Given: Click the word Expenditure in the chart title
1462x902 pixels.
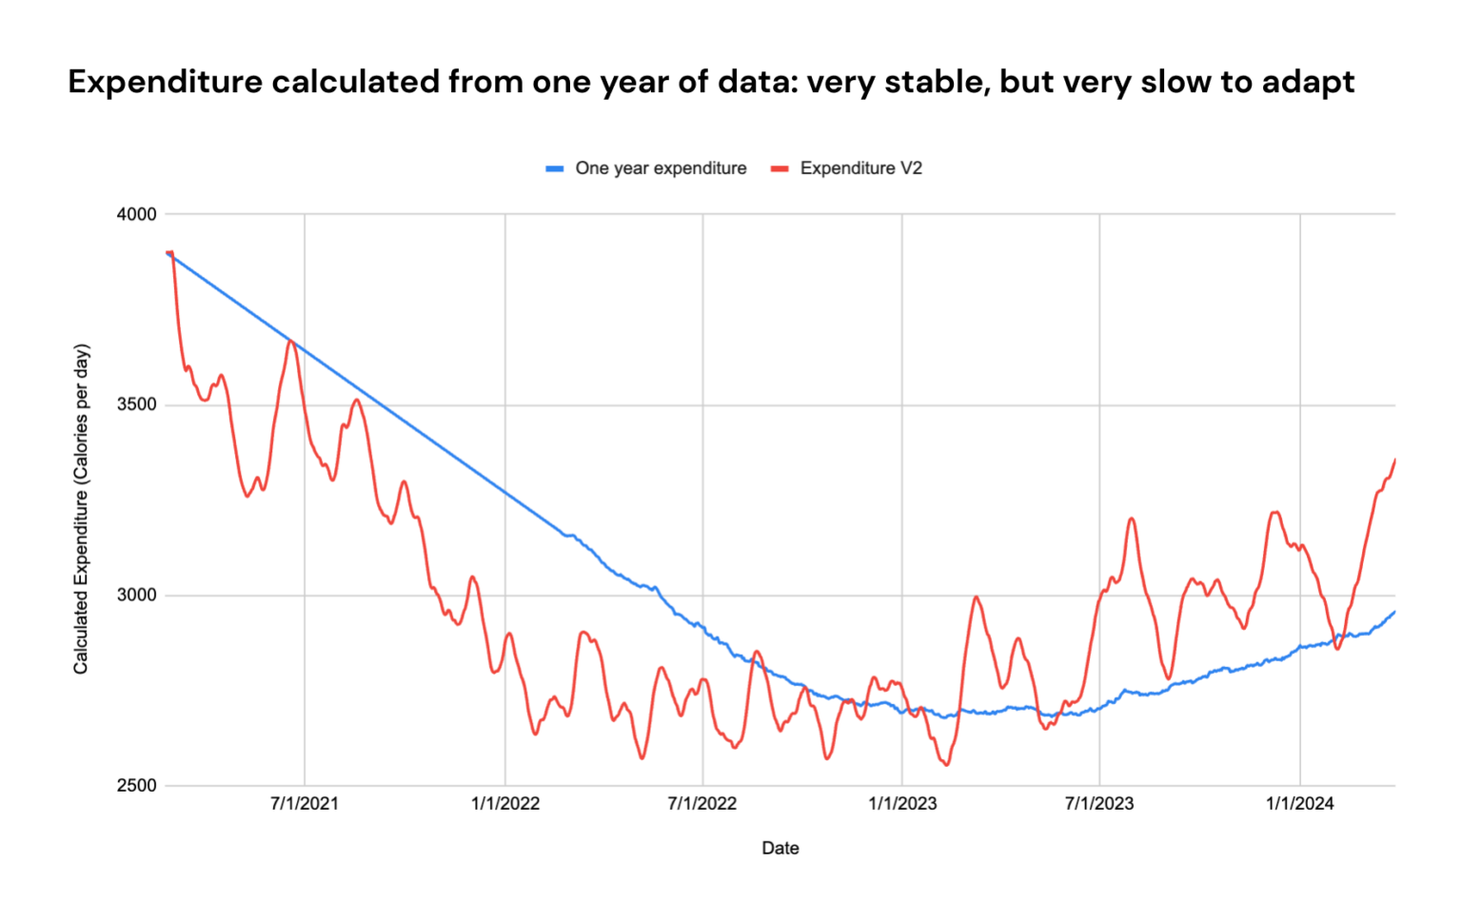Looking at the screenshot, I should (x=165, y=83).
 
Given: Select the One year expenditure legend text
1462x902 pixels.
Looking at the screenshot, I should (x=661, y=168).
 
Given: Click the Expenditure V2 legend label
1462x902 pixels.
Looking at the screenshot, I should (x=860, y=168).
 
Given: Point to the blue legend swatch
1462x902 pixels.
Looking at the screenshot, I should (x=555, y=169).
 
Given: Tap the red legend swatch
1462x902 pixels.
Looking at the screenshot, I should (x=780, y=169).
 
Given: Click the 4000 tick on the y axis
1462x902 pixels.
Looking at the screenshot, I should (x=136, y=214).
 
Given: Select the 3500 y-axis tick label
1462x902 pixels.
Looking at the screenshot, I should (x=136, y=404).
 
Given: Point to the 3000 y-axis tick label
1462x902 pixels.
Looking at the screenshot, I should (x=136, y=595).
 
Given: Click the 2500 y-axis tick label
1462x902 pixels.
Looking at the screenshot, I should (x=136, y=786).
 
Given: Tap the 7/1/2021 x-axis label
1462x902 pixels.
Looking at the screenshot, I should (x=305, y=804).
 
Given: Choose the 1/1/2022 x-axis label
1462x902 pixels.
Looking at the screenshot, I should (x=505, y=804).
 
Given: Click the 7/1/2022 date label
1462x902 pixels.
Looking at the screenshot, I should (x=702, y=804).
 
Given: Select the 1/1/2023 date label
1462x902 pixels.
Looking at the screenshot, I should (x=902, y=804).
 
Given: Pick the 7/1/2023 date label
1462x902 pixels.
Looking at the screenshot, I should (x=1099, y=804).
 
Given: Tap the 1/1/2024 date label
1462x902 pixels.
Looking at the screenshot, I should (x=1299, y=804).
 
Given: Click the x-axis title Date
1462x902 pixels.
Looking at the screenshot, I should (x=780, y=848).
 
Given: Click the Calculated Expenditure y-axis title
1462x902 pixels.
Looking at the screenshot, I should (x=82, y=509).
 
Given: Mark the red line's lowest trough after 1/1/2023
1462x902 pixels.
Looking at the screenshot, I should (x=946, y=764).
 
